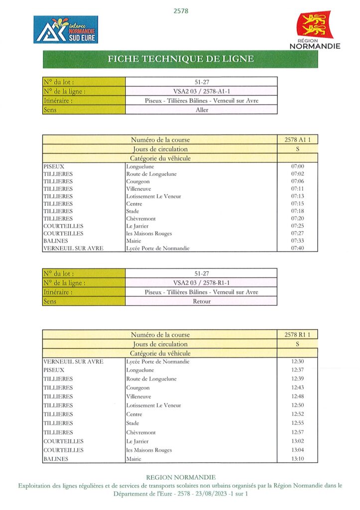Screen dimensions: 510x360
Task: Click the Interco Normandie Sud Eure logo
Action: coord(66,29)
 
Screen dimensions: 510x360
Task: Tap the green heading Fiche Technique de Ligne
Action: coord(180,59)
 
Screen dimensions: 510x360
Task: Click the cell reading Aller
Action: coord(201,110)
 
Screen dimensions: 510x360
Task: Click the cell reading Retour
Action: coord(201,301)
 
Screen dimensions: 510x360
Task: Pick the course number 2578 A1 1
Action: coord(297,140)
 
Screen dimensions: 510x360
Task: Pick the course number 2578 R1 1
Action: coord(297,335)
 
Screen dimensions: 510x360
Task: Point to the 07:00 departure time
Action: coord(297,166)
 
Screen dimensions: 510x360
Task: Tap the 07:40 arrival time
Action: coord(297,248)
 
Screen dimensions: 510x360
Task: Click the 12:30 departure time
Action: coord(297,362)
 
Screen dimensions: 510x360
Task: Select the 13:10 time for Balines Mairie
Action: coord(297,459)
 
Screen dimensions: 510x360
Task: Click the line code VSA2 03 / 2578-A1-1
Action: coord(201,91)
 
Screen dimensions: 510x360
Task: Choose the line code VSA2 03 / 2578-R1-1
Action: coord(201,282)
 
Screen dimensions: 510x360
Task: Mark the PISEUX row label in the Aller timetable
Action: coord(54,166)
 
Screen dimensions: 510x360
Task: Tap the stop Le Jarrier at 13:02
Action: coord(137,441)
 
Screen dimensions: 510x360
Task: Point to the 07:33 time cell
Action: coord(297,241)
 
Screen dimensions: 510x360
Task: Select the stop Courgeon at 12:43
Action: coord(138,387)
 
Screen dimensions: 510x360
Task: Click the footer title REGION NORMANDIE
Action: coord(181,477)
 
